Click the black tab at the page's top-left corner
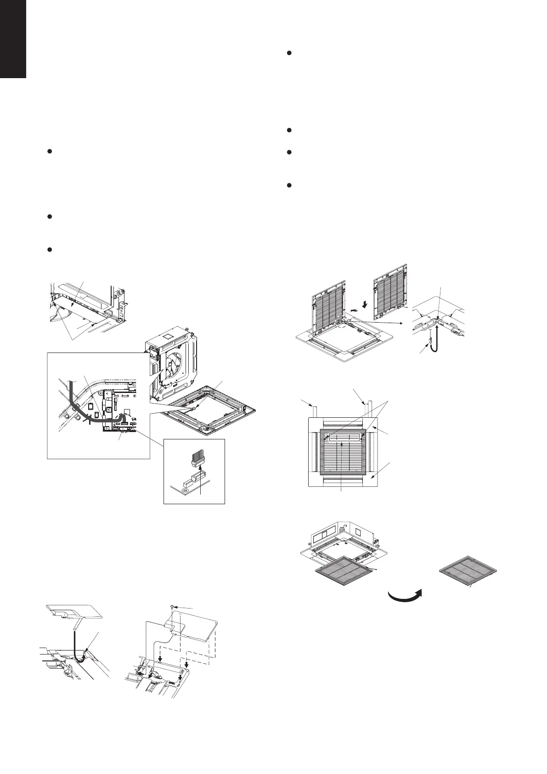tap(13, 39)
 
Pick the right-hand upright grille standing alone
tap(391, 293)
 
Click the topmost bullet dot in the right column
tap(289, 53)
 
